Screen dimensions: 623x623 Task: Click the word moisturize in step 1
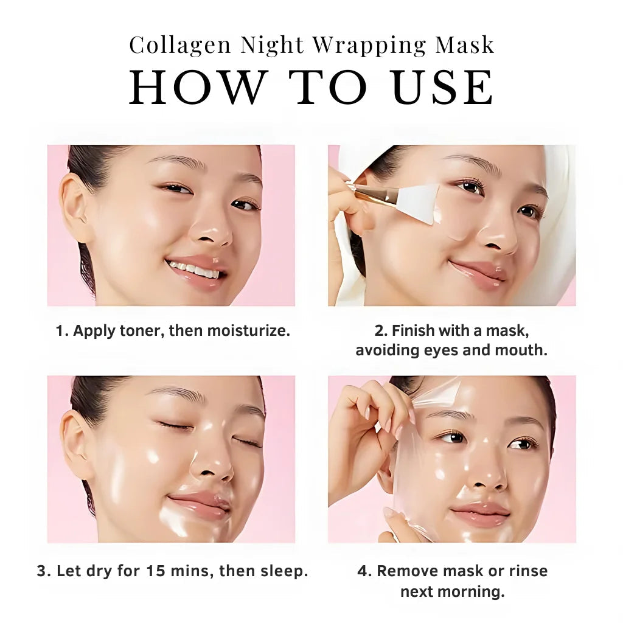point(248,331)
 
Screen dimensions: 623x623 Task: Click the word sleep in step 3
point(286,571)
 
